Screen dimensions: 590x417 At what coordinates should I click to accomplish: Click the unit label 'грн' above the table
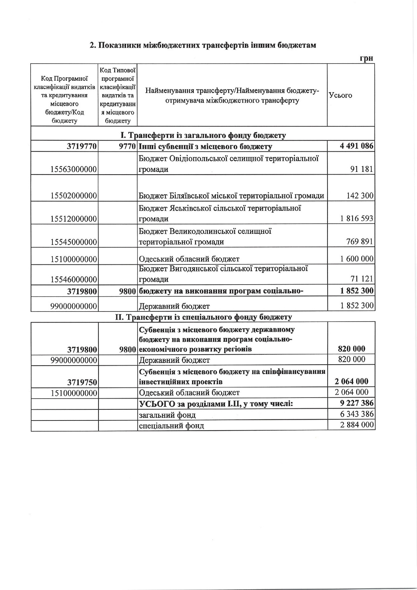(366, 58)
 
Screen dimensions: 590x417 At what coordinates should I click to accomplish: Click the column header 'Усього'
(340, 95)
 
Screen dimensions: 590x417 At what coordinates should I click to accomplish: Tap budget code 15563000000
(74, 169)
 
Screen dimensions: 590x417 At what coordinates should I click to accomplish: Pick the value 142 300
(360, 195)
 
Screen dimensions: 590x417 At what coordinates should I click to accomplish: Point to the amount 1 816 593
(356, 219)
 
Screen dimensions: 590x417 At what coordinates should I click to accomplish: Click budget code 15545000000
(74, 242)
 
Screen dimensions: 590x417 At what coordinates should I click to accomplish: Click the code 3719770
(82, 146)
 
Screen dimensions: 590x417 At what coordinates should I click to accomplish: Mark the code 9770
(127, 146)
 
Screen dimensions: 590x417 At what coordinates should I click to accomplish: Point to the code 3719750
(82, 382)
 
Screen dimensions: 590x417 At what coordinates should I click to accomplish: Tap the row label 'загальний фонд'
(167, 415)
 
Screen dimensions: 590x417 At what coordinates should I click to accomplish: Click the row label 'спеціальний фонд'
(171, 426)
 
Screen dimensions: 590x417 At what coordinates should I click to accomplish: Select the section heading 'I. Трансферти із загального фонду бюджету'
(203, 136)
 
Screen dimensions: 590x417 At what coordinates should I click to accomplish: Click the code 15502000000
(74, 195)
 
